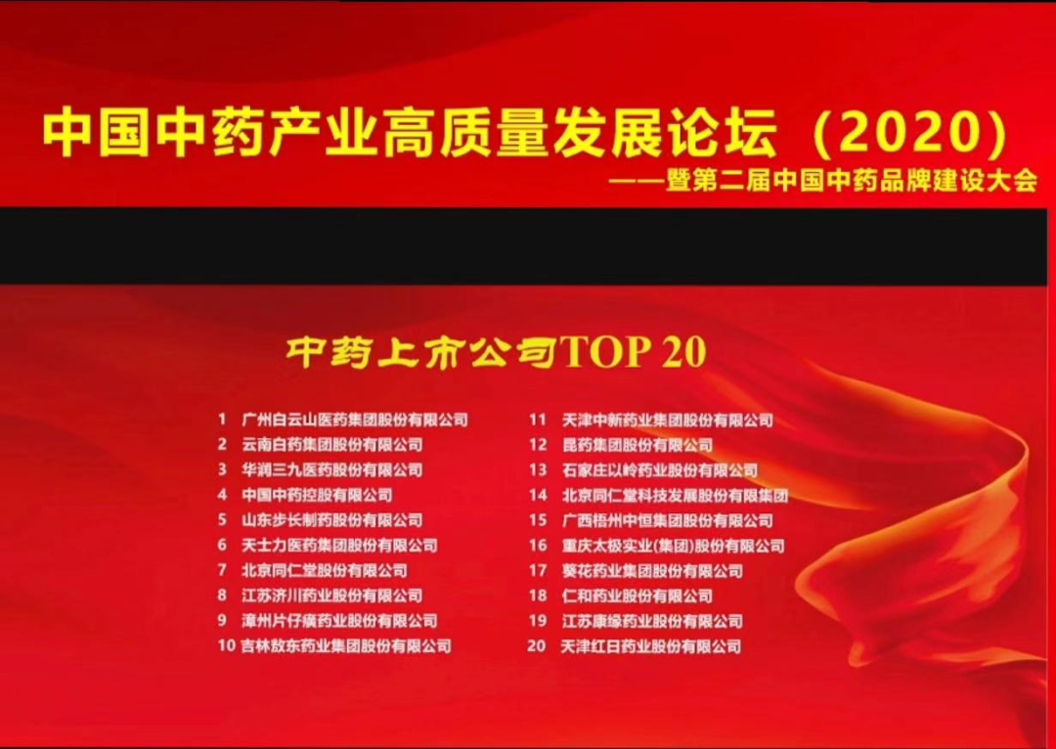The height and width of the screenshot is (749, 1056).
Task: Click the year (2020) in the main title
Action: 911,132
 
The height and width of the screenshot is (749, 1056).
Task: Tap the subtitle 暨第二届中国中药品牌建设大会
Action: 852,181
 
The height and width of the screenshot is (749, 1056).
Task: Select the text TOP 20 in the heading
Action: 633,352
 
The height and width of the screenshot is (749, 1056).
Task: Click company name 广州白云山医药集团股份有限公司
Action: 354,419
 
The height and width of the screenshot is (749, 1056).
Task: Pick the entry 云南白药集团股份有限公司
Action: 332,445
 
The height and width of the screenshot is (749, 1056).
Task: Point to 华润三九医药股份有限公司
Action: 332,469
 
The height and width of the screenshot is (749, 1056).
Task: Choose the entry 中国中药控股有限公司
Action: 317,495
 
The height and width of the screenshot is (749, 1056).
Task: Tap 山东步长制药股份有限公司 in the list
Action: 332,520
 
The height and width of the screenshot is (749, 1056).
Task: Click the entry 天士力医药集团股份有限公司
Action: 339,545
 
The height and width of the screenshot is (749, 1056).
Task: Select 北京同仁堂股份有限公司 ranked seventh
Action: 324,570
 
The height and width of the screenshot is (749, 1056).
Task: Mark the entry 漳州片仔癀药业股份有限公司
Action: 339,620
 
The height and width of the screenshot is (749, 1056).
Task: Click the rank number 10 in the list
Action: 226,646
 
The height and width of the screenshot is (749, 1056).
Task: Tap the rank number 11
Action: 537,419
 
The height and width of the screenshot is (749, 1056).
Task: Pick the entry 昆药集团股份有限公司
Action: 638,445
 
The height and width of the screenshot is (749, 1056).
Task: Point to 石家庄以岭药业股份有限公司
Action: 660,470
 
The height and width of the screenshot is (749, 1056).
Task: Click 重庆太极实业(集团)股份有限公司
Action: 674,546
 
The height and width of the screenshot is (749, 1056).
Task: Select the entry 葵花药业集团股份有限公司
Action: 652,571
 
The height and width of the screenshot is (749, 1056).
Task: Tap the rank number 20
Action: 536,646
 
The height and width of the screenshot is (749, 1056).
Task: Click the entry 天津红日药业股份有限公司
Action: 650,646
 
